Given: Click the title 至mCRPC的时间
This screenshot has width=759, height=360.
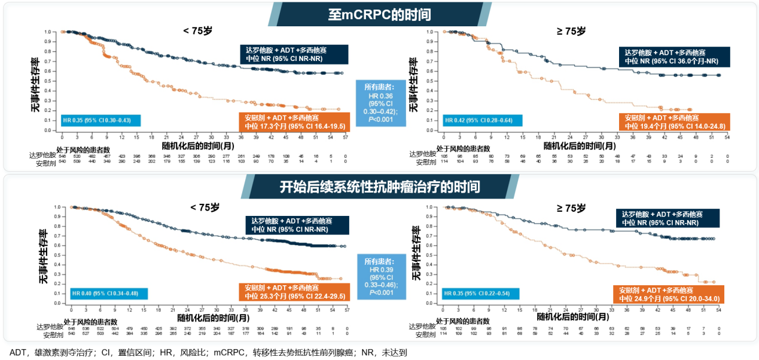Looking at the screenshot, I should pos(379,14).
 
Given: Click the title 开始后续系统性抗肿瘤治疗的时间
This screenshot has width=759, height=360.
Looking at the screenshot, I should pos(379,187).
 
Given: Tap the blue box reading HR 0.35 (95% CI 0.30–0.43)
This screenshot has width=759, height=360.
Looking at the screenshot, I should pos(100,121).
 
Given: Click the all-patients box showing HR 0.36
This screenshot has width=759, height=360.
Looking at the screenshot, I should pos(380,103).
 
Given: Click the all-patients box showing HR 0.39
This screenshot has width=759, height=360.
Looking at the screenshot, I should pos(380,277).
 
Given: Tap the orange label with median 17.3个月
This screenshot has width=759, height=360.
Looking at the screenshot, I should pos(292,121).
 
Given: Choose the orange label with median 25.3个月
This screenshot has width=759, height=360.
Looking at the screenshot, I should pos(292,292).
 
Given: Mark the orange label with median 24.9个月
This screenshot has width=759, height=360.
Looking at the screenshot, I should pos(669,294).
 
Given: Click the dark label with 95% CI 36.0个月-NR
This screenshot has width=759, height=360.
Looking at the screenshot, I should pos(668,56).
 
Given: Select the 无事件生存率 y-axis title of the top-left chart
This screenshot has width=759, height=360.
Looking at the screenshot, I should pos(36,85).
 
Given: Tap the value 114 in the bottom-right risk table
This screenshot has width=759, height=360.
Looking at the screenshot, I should pos(443,334).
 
